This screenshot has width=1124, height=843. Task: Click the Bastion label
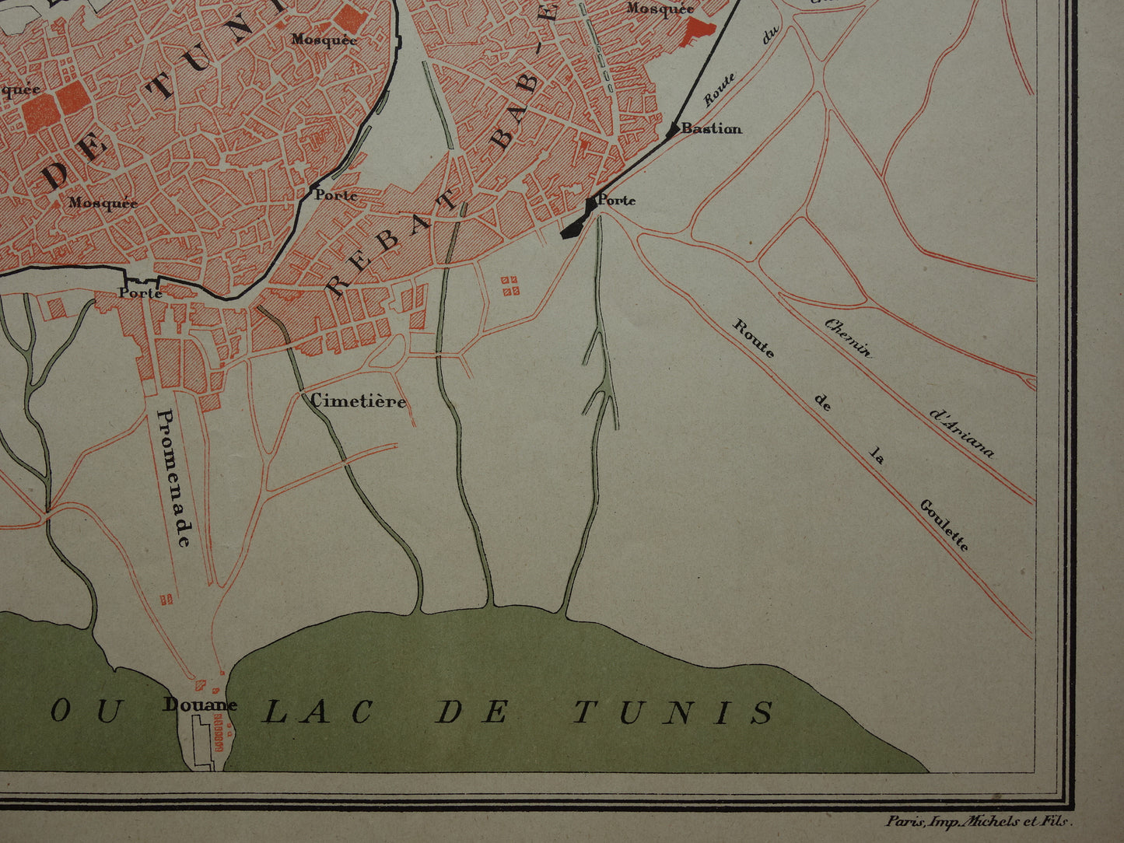tap(711, 129)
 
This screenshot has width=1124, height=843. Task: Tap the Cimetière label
tap(358, 401)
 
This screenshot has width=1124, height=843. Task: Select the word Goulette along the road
tap(944, 525)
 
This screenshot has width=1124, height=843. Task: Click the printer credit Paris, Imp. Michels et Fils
tap(979, 820)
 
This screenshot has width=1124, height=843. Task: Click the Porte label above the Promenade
tap(140, 293)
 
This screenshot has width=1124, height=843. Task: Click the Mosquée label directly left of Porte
tap(103, 204)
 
